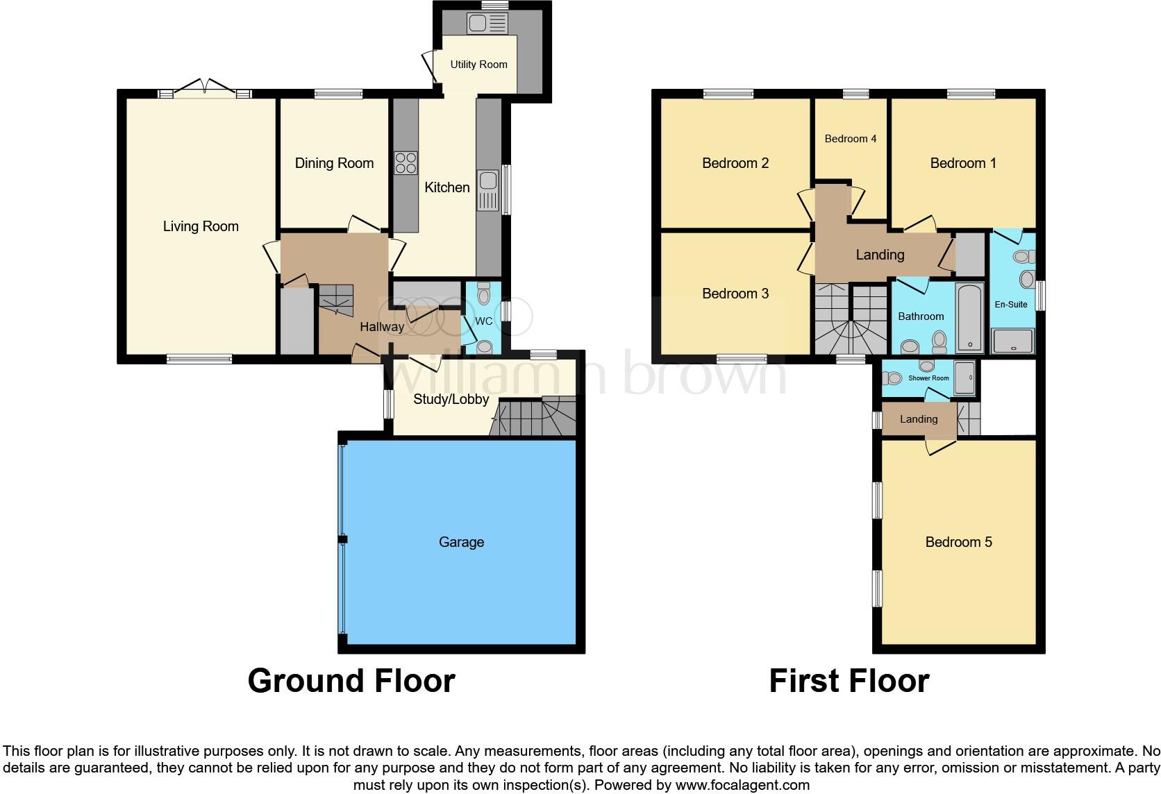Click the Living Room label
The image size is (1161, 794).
tap(201, 226)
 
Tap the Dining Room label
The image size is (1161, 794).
tap(334, 163)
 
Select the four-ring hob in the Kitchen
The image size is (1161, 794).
tap(406, 162)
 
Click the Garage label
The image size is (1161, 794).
tap(461, 542)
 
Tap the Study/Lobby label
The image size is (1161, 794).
tap(451, 399)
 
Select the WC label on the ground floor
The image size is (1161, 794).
tap(483, 321)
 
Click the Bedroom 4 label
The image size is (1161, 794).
tap(850, 139)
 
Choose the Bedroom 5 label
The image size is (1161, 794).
tap(958, 542)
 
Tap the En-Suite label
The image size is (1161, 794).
tap(1010, 304)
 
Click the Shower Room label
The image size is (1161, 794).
tap(928, 378)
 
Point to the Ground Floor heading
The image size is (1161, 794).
tap(351, 681)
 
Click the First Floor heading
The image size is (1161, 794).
tap(849, 681)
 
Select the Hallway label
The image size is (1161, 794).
tap(381, 327)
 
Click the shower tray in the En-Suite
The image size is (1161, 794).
tap(1013, 341)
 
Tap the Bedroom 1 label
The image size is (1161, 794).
tap(962, 163)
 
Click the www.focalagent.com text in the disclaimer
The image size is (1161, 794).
tap(742, 785)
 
